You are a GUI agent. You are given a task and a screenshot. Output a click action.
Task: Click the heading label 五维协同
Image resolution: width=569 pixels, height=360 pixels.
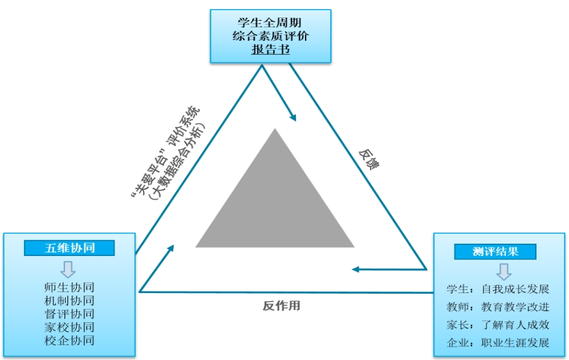click(x=70, y=248)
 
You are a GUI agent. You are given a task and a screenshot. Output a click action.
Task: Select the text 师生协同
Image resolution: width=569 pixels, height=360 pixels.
click(x=70, y=288)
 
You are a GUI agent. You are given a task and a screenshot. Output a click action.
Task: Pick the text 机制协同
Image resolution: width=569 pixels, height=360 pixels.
click(x=70, y=301)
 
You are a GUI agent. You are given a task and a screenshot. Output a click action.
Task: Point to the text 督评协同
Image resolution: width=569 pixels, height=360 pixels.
click(x=70, y=314)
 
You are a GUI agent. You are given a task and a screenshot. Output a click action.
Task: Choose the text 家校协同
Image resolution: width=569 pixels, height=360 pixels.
click(x=70, y=327)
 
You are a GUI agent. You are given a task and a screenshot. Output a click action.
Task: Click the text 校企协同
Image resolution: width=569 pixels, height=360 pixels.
click(x=70, y=340)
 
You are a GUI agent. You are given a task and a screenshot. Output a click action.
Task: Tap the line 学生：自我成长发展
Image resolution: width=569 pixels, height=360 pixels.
click(x=497, y=289)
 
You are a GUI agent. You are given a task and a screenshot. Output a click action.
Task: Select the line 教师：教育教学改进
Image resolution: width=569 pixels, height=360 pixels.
click(x=497, y=306)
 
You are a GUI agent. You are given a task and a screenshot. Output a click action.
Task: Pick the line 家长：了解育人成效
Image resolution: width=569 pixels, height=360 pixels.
click(x=497, y=324)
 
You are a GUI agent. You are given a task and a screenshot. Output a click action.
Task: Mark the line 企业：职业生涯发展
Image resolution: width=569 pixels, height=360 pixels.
click(x=497, y=342)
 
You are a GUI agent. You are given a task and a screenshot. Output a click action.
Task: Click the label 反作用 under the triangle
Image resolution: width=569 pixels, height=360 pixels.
click(x=282, y=305)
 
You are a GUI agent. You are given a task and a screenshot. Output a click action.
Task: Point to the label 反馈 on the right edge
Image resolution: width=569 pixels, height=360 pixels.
click(x=369, y=160)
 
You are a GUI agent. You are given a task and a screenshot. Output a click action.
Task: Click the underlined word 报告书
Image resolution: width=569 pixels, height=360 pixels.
click(x=271, y=49)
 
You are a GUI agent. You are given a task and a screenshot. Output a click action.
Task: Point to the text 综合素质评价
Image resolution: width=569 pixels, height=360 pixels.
click(x=271, y=36)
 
